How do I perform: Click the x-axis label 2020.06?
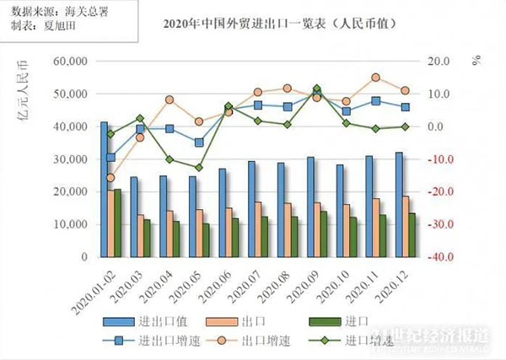pyautogui.click(x=221, y=291)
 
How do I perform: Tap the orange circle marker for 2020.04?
pyautogui.click(x=170, y=99)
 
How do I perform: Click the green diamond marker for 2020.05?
pyautogui.click(x=199, y=168)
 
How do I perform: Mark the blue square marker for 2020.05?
pyautogui.click(x=199, y=142)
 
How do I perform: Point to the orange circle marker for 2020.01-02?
pyautogui.click(x=110, y=177)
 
